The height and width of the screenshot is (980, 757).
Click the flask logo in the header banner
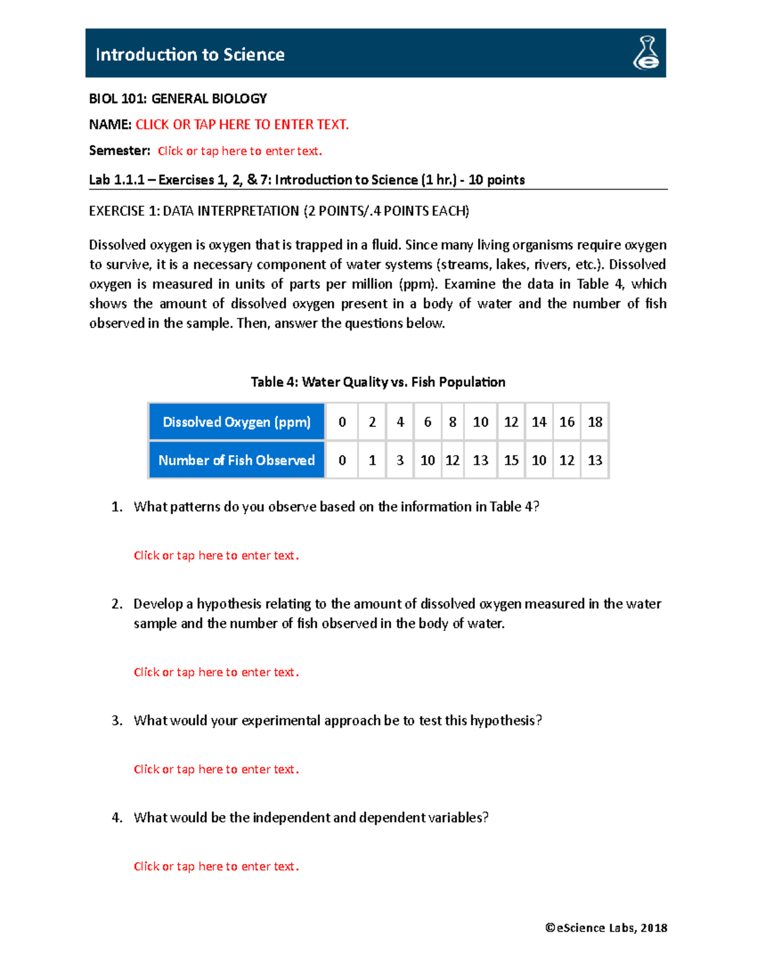pos(646,53)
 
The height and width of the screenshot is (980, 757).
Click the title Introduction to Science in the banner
pos(190,55)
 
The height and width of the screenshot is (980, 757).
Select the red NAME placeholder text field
pos(242,125)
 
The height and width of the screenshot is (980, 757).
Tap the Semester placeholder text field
pos(240,151)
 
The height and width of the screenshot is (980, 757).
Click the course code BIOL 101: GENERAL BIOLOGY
pos(178,99)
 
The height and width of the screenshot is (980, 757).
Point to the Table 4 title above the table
pos(378,382)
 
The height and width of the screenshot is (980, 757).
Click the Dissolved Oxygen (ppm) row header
pos(237,422)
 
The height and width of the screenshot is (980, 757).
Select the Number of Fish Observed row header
pos(237,461)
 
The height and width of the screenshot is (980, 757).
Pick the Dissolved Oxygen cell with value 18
pos(595,422)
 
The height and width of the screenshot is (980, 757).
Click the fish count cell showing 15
pos(511,461)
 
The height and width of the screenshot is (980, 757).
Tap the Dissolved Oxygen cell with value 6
pos(428,422)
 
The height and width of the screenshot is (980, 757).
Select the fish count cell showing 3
pos(400,461)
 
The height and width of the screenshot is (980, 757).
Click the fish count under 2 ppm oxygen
pos(372,461)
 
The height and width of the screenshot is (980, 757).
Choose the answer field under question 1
pos(216,556)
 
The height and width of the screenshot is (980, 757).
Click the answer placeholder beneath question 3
pos(216,770)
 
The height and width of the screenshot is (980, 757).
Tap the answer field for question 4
pos(216,867)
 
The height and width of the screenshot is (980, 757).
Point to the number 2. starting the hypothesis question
pos(117,605)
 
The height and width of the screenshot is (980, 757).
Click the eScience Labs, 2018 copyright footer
pos(606,928)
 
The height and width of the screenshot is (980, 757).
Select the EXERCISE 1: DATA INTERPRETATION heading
pos(279,211)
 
